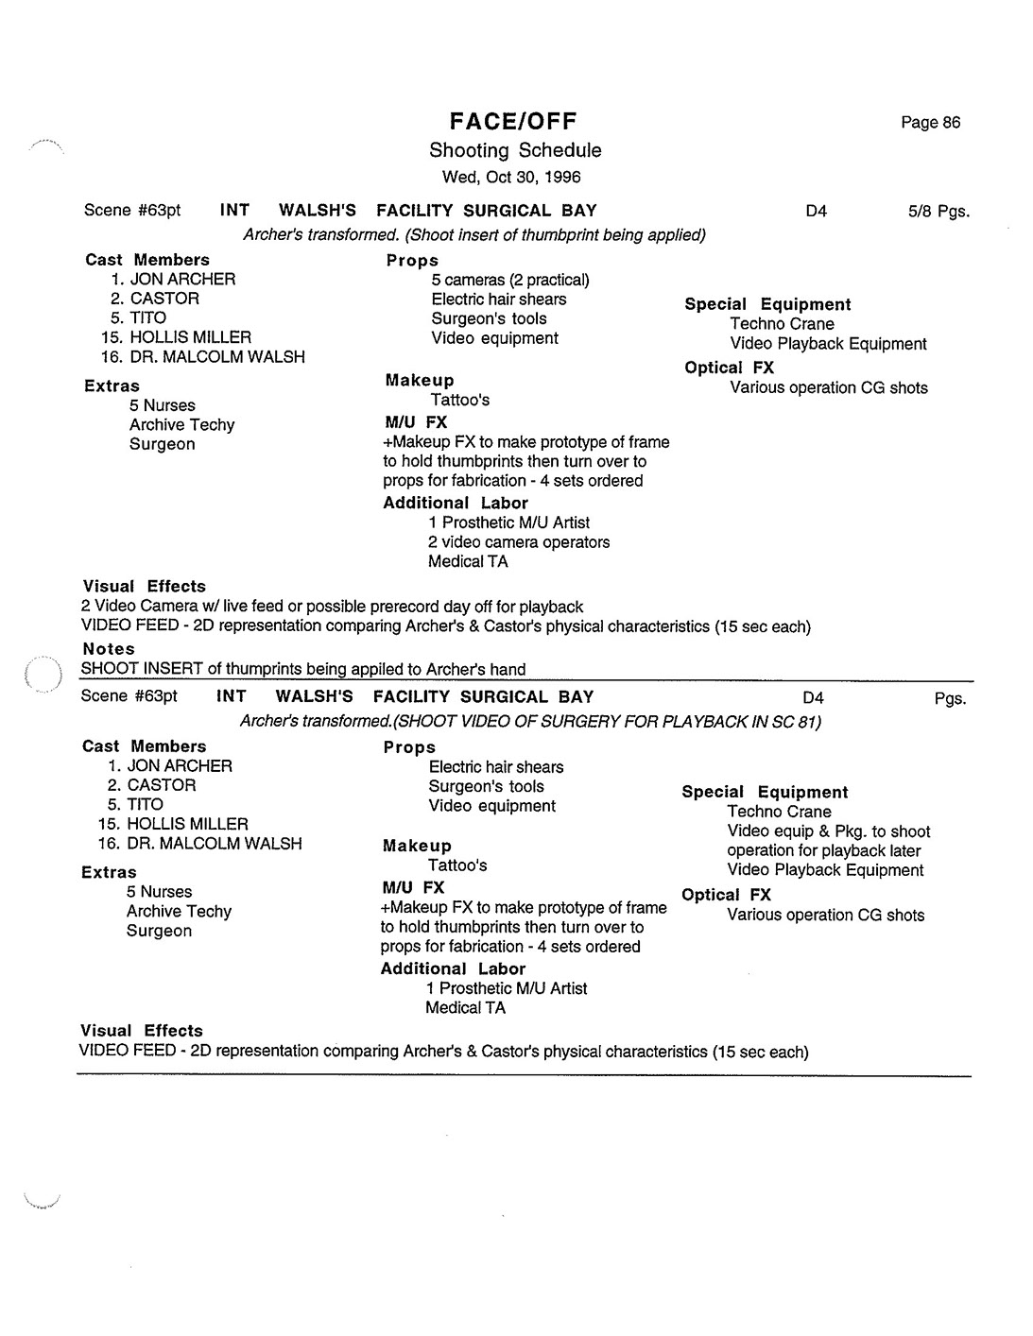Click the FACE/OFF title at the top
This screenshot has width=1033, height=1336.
click(512, 121)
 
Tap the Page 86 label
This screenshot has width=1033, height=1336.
click(930, 123)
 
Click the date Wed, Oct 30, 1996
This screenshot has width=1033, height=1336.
click(511, 177)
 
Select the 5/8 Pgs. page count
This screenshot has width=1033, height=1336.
click(938, 212)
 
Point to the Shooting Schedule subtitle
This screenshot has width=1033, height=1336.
click(515, 150)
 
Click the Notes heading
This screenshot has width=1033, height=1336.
click(109, 649)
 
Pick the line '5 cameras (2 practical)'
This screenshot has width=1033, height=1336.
click(510, 280)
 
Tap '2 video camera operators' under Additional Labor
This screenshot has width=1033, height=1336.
click(519, 542)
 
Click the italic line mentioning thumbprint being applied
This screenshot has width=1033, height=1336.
click(474, 234)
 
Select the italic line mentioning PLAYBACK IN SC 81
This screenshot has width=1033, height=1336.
click(530, 722)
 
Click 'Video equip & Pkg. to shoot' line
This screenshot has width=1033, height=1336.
click(829, 831)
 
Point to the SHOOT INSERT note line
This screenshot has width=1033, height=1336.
click(303, 669)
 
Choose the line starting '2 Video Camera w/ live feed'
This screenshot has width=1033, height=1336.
click(333, 607)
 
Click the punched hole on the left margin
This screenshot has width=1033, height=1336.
click(42, 675)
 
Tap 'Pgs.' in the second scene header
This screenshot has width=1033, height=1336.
click(950, 699)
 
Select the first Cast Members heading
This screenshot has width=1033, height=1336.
click(147, 260)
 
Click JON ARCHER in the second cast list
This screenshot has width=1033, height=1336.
click(180, 766)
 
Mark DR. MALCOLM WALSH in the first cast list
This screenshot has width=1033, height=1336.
click(217, 357)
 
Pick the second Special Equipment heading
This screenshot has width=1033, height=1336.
click(765, 792)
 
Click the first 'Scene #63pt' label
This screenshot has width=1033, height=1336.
click(132, 211)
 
